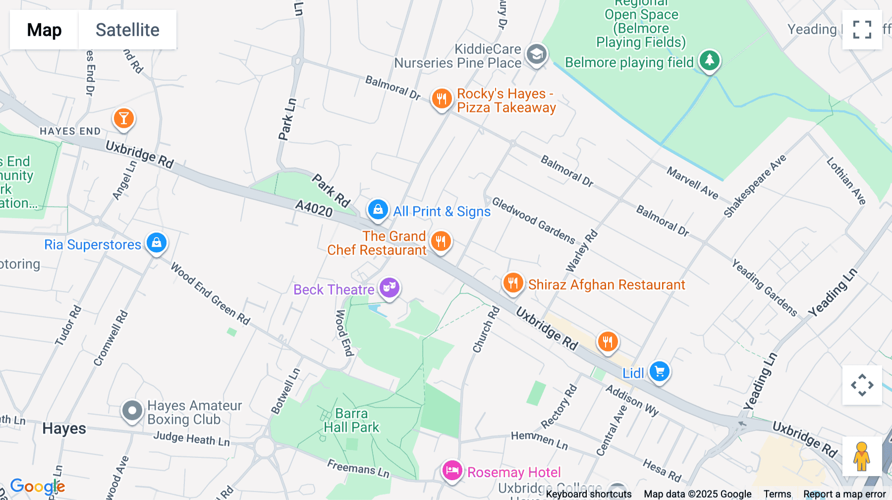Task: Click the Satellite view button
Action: click(x=127, y=30)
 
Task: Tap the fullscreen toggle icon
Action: click(x=862, y=30)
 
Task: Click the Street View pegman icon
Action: click(x=862, y=456)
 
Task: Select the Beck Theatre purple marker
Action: click(x=390, y=287)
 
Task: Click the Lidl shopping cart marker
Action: click(x=659, y=371)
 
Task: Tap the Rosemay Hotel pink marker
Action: click(x=452, y=470)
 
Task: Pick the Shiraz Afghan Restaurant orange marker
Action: click(x=513, y=283)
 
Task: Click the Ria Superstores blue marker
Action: click(x=157, y=243)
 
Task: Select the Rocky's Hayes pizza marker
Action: click(x=441, y=99)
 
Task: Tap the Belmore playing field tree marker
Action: click(x=709, y=60)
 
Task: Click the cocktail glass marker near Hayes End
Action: click(x=124, y=118)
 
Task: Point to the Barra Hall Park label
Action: click(x=351, y=420)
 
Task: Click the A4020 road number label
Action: click(x=314, y=208)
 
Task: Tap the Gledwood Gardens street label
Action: click(x=534, y=221)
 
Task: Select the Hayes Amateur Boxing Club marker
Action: click(x=132, y=410)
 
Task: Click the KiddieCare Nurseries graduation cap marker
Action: click(x=536, y=54)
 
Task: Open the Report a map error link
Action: click(x=844, y=494)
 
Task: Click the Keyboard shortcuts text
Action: click(x=589, y=494)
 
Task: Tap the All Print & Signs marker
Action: click(x=378, y=209)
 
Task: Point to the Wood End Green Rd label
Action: click(x=210, y=294)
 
